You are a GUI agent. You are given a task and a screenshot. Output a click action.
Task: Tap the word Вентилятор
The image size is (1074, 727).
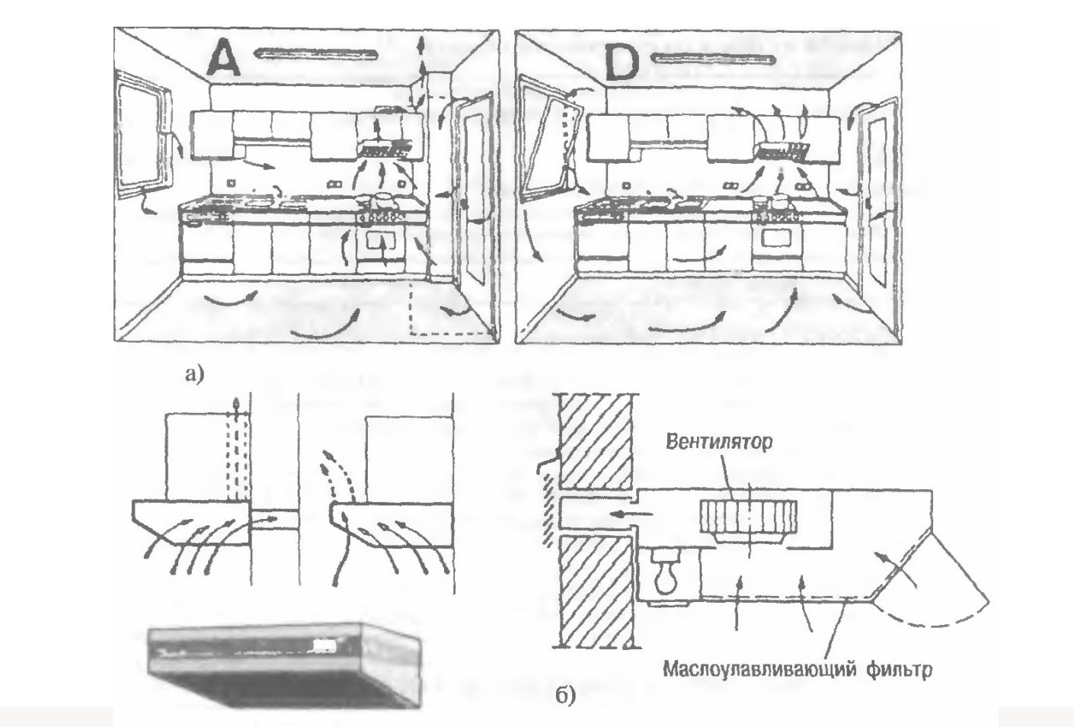721,442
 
